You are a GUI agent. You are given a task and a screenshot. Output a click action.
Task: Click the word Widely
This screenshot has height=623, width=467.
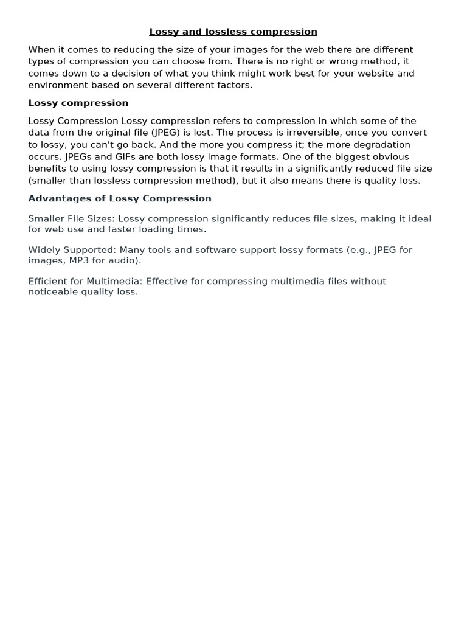coord(43,250)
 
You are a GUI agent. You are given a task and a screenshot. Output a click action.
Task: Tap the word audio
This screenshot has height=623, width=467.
coord(126,260)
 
